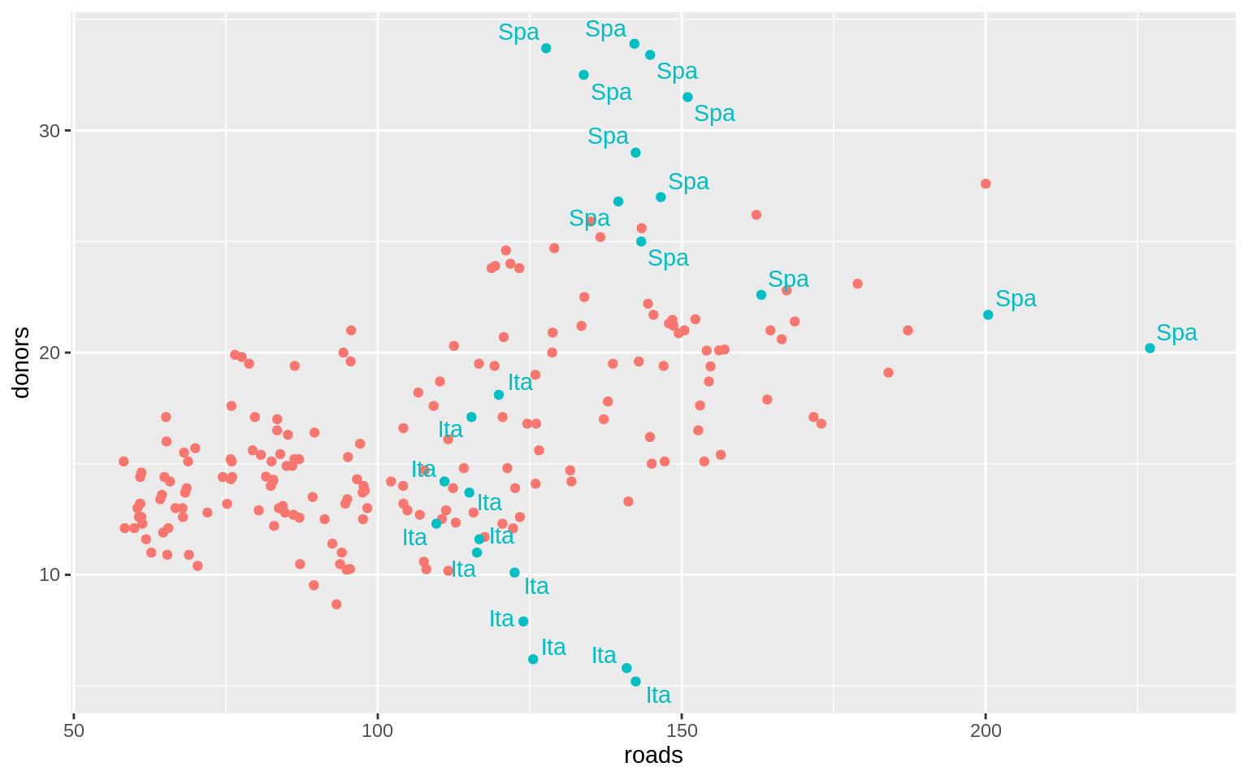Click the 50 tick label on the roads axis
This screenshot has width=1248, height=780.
(x=74, y=730)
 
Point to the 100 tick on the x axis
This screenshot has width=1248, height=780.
(x=378, y=730)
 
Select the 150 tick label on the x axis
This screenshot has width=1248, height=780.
(x=682, y=730)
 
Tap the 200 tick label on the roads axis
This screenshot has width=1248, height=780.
(x=986, y=730)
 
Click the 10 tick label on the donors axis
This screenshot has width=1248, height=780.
(x=50, y=574)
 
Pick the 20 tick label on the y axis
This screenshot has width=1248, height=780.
(x=50, y=353)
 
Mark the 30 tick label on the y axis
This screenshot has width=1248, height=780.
(x=50, y=130)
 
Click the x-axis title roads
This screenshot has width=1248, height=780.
(x=653, y=756)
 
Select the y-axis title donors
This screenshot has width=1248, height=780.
(x=21, y=362)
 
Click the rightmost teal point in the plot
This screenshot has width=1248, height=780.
(x=1150, y=348)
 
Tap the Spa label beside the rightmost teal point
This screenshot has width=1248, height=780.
(x=1176, y=333)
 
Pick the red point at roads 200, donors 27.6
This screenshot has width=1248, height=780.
(x=986, y=184)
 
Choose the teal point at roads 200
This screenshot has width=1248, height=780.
(x=988, y=314)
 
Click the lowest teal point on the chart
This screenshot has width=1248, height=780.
(x=635, y=682)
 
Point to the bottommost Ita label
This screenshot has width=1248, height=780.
(x=658, y=695)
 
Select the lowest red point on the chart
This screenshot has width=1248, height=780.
(x=336, y=604)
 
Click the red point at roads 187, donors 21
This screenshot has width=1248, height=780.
(x=908, y=331)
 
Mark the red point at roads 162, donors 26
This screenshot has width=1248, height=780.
(x=756, y=214)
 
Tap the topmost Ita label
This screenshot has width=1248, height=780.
(x=520, y=383)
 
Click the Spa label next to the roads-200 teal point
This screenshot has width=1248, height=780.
(x=1016, y=299)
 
